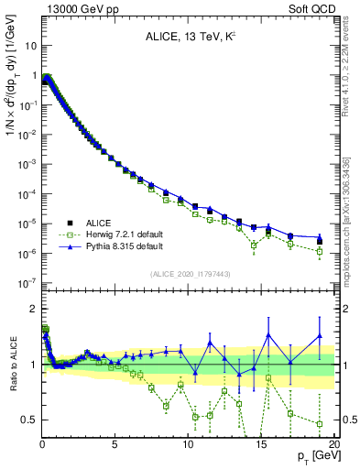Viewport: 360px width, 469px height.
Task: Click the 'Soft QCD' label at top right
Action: coord(311,8)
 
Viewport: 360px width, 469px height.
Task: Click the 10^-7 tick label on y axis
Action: coord(27,282)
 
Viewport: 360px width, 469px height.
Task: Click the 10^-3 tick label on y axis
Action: coord(27,164)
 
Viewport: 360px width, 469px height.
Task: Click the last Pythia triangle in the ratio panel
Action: coord(320,336)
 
